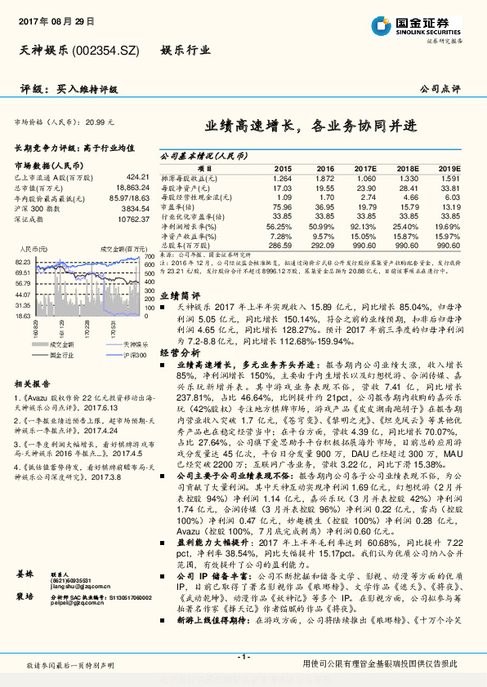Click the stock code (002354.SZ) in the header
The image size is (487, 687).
tap(106, 51)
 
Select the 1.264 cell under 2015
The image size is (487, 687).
tap(282, 177)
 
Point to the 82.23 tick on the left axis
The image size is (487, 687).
tap(22, 261)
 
